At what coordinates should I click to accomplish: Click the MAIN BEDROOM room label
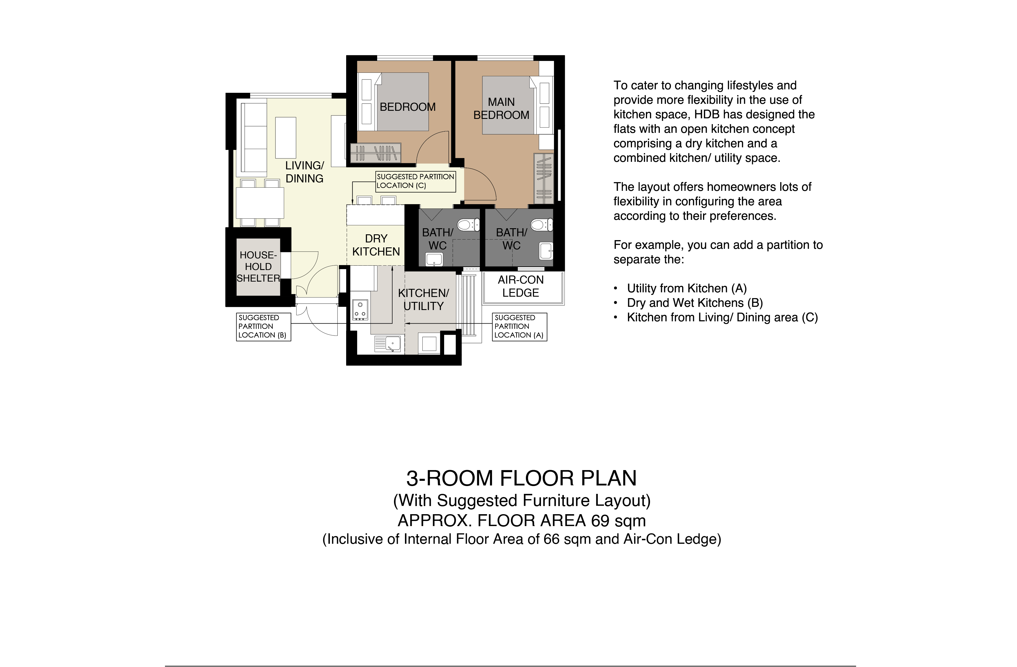(501, 108)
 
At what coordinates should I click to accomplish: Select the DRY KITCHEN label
(376, 245)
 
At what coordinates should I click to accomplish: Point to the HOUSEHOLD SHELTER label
(258, 267)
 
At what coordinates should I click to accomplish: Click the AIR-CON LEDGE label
(520, 287)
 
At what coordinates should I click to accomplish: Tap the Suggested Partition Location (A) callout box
(519, 327)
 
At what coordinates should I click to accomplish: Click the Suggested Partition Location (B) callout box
(264, 327)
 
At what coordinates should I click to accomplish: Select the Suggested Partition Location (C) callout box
(415, 181)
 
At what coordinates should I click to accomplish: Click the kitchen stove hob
(360, 309)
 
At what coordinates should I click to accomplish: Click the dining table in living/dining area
(260, 203)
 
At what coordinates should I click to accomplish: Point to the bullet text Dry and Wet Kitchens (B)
(695, 303)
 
